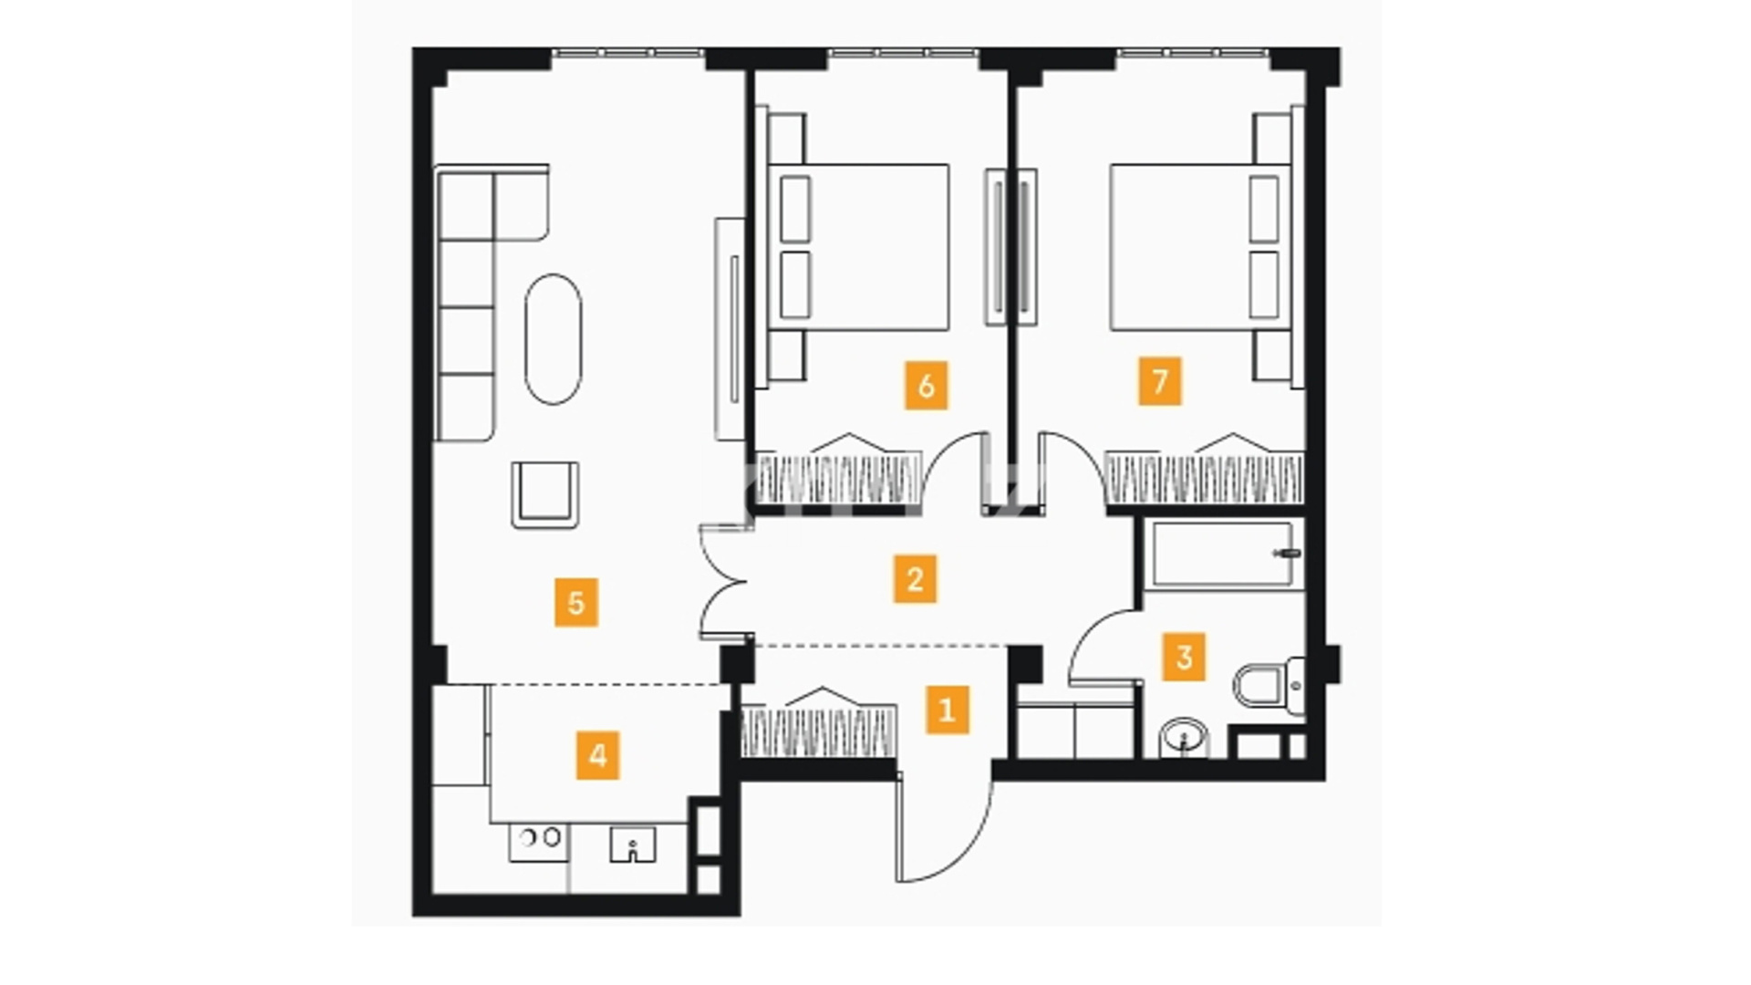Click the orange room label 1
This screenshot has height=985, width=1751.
pyautogui.click(x=947, y=710)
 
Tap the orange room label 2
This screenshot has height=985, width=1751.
pyautogui.click(x=915, y=579)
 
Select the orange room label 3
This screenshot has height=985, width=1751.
pyautogui.click(x=1184, y=657)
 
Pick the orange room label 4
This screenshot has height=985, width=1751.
pyautogui.click(x=598, y=755)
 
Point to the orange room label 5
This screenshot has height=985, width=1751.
pyautogui.click(x=576, y=602)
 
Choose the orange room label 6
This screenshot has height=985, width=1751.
pyautogui.click(x=927, y=386)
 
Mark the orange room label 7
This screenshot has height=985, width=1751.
pyautogui.click(x=1160, y=381)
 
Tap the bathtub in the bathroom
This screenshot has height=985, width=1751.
pyautogui.click(x=1223, y=555)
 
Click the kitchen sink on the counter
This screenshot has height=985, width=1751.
pyautogui.click(x=632, y=845)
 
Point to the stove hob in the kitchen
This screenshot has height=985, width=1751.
pyautogui.click(x=539, y=842)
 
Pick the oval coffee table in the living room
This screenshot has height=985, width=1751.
pyautogui.click(x=553, y=339)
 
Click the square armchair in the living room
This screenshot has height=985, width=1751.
pyautogui.click(x=545, y=494)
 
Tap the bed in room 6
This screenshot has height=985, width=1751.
pyautogui.click(x=858, y=247)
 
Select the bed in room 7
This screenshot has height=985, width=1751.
pyautogui.click(x=1200, y=247)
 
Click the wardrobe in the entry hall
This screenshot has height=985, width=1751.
pyautogui.click(x=818, y=723)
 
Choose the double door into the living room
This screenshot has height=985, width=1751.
pyautogui.click(x=724, y=581)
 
